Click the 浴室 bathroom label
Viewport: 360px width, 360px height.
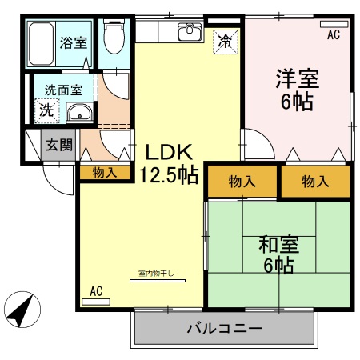pos(74,42)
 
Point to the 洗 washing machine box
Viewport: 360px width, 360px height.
pos(47,110)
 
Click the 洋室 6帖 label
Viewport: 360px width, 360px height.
pos(297,90)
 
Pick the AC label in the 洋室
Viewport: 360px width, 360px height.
pos(334,34)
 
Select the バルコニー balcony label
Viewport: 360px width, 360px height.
pos(224,328)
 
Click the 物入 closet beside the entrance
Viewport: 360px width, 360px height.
pos(105,172)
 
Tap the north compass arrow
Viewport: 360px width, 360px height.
pos(23,308)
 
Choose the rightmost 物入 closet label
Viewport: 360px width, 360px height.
pos(315,182)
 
